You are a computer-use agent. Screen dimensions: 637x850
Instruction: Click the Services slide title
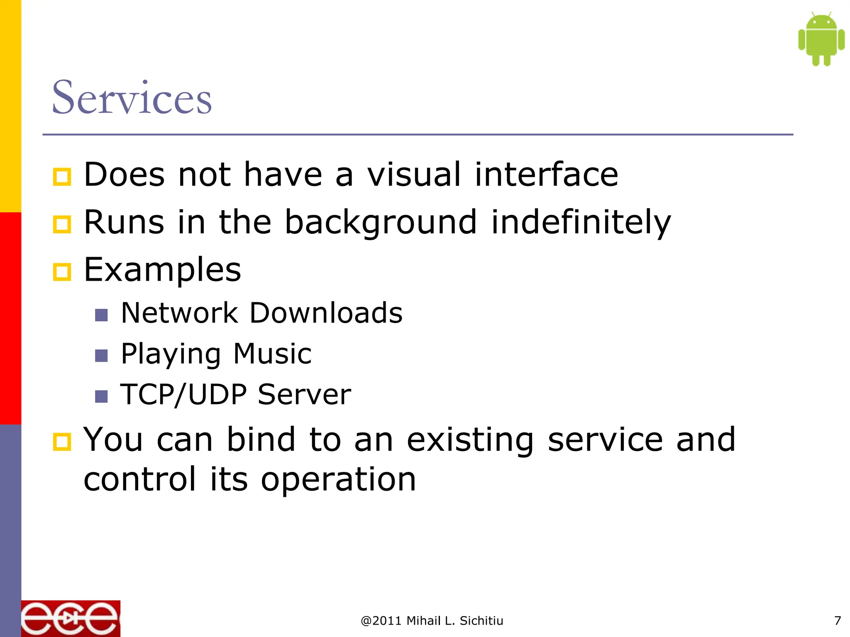pos(132,98)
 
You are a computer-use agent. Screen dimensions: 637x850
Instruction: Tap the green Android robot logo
pos(821,39)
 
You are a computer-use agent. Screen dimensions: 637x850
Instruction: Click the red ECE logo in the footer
pos(71,618)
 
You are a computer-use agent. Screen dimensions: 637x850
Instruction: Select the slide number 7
pos(837,621)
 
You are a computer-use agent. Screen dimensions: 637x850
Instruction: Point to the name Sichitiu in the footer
pos(481,621)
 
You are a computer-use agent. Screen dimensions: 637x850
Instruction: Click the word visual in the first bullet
pos(414,175)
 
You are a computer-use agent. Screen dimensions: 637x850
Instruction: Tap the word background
pos(381,223)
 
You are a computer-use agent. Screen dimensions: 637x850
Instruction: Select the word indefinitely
pos(581,223)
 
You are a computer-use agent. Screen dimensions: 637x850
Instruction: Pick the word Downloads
pos(326,313)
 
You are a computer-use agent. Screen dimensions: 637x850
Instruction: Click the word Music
pos(272,354)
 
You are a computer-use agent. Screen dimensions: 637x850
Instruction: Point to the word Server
pos(304,394)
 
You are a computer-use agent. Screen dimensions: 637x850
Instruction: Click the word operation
pos(338,480)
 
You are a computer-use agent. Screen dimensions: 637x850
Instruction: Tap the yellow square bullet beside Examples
pos(62,272)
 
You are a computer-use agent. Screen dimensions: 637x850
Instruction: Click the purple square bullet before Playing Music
pos(101,356)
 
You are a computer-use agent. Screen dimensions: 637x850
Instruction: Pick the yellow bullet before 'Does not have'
pos(62,177)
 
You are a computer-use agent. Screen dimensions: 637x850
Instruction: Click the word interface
pos(546,175)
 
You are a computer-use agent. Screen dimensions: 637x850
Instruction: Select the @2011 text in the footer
pos(381,621)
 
